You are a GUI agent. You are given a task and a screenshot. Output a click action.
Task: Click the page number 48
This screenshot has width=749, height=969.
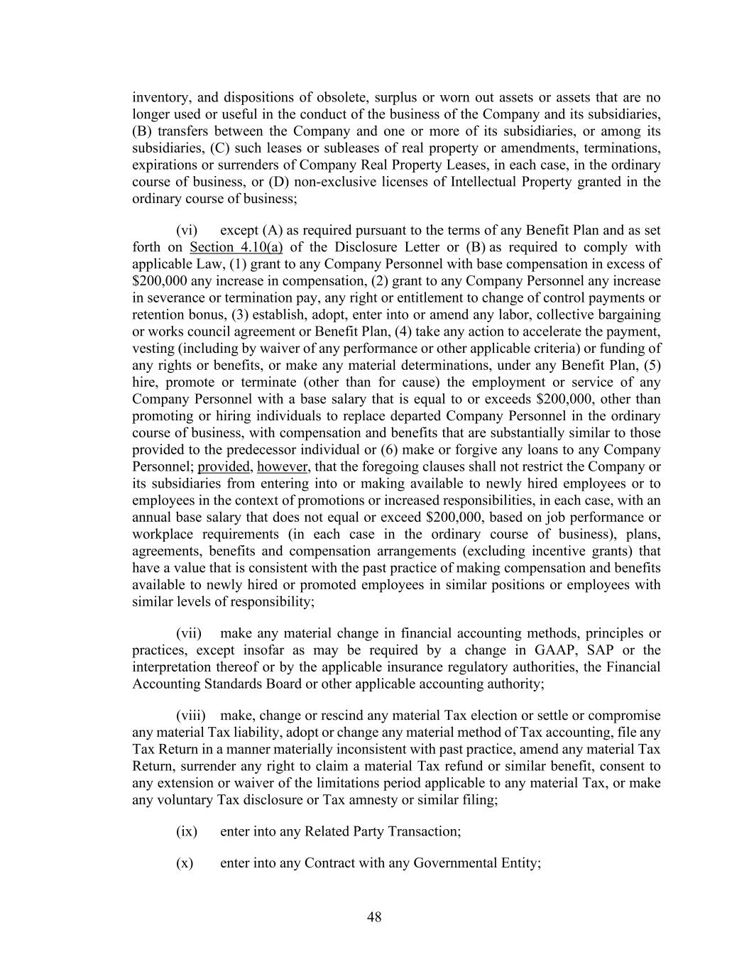pyautogui.click(x=374, y=917)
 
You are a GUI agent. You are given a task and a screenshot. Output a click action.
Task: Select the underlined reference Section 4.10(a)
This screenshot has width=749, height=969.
pyautogui.click(x=236, y=247)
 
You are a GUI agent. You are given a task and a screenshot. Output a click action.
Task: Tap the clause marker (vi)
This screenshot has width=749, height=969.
pyautogui.click(x=187, y=230)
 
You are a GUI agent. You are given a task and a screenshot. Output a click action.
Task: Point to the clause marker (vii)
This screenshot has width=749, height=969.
pyautogui.click(x=189, y=633)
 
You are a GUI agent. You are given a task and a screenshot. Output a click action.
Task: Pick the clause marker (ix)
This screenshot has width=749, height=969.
pyautogui.click(x=187, y=831)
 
